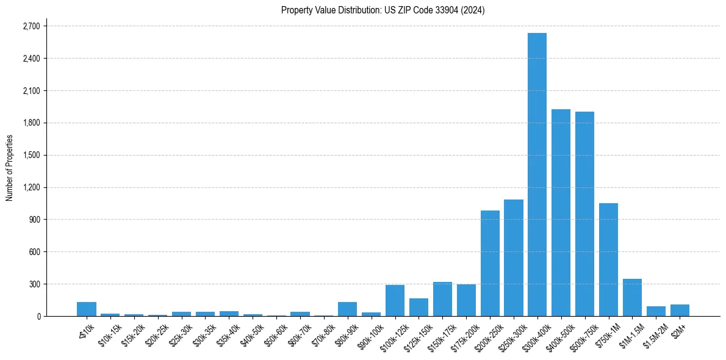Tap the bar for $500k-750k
pos(584,214)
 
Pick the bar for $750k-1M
pos(608,259)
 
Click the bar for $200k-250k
pos(490,263)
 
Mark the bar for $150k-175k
pos(442,299)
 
